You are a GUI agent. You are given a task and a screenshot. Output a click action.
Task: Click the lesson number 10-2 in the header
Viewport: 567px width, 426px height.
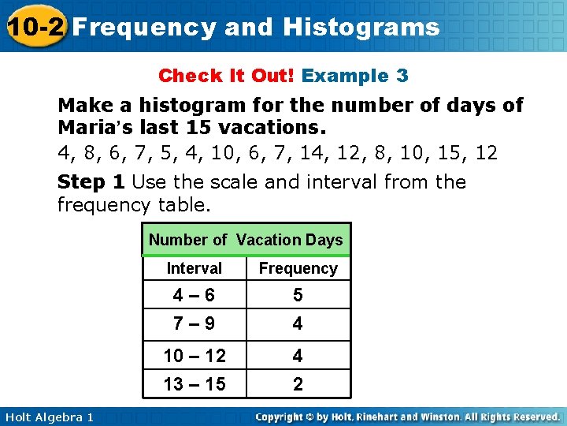pyautogui.click(x=33, y=27)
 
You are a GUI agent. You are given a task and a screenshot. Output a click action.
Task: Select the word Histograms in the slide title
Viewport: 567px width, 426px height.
pyautogui.click(x=361, y=27)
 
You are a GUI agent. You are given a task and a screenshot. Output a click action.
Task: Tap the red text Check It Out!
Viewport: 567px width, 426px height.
pyautogui.click(x=227, y=76)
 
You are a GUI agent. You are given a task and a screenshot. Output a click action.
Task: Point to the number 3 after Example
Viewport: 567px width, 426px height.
pyautogui.click(x=402, y=76)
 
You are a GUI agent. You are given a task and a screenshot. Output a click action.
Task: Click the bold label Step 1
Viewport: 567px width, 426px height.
pyautogui.click(x=91, y=182)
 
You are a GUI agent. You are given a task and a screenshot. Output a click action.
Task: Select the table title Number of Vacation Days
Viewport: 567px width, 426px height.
pyautogui.click(x=246, y=240)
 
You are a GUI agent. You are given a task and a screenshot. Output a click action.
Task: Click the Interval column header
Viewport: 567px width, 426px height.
pyautogui.click(x=195, y=268)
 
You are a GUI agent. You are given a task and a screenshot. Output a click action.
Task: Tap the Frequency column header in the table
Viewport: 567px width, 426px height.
pyautogui.click(x=298, y=268)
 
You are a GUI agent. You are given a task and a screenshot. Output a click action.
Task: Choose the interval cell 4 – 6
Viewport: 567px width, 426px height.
pyautogui.click(x=195, y=295)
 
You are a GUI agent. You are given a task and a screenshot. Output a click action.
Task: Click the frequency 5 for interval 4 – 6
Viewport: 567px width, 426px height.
pyautogui.click(x=298, y=295)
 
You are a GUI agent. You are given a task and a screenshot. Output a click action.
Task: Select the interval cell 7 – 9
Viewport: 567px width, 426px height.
pyautogui.click(x=195, y=323)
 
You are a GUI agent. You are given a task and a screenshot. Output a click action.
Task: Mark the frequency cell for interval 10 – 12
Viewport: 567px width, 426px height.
pyautogui.click(x=298, y=356)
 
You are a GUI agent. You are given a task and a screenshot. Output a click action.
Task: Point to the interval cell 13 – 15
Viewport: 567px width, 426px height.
pyautogui.click(x=195, y=384)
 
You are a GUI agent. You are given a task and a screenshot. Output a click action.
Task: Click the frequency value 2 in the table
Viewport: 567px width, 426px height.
pyautogui.click(x=298, y=384)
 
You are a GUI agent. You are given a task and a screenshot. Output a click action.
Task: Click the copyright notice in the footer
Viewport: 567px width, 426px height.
pyautogui.click(x=407, y=417)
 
